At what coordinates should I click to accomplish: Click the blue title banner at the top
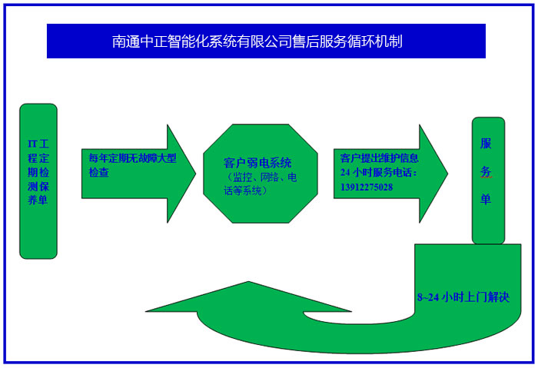266,41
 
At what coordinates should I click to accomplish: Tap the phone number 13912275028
367,187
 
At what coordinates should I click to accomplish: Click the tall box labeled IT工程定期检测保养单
38,181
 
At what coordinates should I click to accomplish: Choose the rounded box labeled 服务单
488,180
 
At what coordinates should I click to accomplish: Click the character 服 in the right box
486,144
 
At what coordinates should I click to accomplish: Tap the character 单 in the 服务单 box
486,199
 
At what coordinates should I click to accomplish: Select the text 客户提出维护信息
379,158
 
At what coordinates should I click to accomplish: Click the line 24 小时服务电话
379,172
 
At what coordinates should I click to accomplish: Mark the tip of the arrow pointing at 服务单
447,172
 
